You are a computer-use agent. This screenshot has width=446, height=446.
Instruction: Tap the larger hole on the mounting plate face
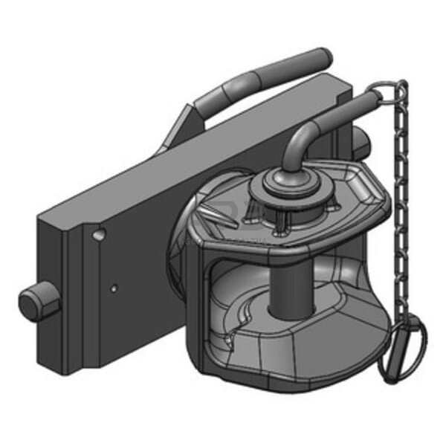click(98, 235)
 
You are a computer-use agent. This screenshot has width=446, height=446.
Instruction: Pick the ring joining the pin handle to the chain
click(377, 93)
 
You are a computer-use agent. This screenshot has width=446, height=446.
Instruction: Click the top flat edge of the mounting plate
click(193, 134)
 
